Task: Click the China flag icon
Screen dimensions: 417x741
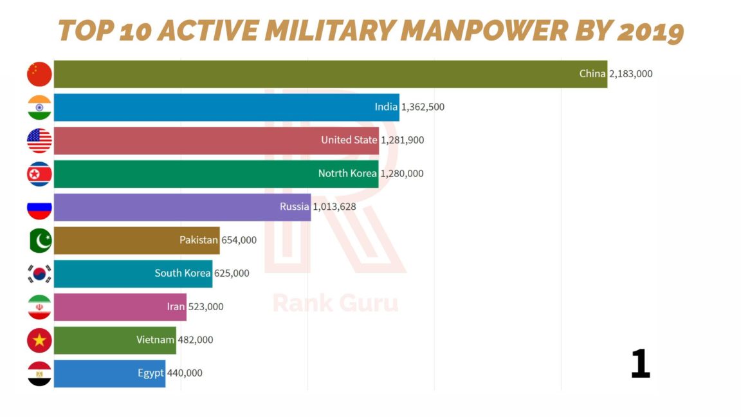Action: [x=39, y=74]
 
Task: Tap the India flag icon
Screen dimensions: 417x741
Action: [x=39, y=107]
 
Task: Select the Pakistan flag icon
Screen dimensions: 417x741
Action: [x=39, y=241]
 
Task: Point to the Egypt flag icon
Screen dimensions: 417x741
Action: [x=39, y=374]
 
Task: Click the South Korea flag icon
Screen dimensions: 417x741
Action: [x=39, y=274]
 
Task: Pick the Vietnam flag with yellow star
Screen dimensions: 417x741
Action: [x=39, y=340]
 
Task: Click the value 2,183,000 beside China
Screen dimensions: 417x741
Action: [x=630, y=74]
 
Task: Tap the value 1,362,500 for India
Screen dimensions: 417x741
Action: [x=423, y=107]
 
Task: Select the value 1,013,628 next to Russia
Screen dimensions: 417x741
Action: [x=334, y=207]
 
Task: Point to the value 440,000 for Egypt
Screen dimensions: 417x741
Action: [x=185, y=373]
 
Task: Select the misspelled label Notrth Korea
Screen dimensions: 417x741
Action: [x=347, y=174]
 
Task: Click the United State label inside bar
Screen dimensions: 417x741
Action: [x=349, y=140]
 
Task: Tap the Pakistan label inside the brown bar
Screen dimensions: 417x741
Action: [x=199, y=241]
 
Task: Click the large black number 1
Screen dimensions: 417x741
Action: [x=640, y=364]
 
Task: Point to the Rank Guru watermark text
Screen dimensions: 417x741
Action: [x=335, y=302]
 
